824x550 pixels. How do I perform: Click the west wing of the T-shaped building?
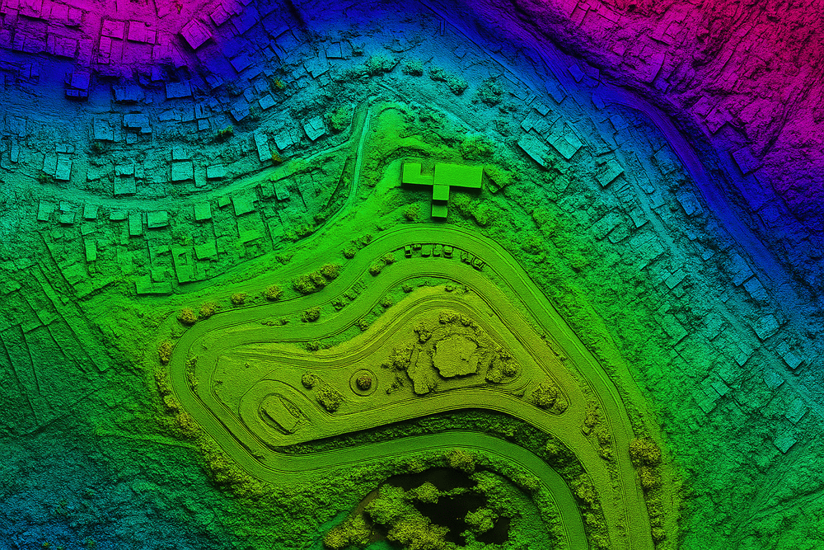coord(411,173)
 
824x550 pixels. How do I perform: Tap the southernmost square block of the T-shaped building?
coord(439,211)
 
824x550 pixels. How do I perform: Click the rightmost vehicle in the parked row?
coord(478,264)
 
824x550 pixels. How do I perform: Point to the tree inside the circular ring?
coord(363,381)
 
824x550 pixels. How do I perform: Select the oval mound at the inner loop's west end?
coord(279,412)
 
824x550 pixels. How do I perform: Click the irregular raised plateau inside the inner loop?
coord(456,355)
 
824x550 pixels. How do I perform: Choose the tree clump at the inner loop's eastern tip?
coord(545,396)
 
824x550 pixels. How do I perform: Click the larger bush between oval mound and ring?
coord(329,398)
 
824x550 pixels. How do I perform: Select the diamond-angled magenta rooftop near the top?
coord(196,34)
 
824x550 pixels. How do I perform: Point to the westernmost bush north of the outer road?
coord(188,316)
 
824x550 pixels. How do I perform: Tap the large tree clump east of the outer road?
coord(645,452)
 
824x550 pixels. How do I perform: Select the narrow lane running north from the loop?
coord(360,157)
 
